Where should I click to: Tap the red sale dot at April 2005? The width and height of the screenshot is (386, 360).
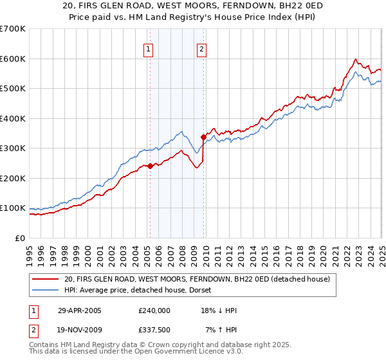[150, 166]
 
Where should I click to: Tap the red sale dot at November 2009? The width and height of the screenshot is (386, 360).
[203, 137]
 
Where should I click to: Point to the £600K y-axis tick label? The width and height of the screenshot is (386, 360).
[12, 59]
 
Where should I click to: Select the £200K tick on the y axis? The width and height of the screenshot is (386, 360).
[12, 178]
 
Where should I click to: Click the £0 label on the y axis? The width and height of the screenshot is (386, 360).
[21, 238]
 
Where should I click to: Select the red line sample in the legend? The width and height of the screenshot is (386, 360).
[45, 279]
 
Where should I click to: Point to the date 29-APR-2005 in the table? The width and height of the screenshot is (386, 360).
[80, 310]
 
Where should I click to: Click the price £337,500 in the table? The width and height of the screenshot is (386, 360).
[154, 330]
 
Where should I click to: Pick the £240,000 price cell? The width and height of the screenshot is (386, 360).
[154, 310]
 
